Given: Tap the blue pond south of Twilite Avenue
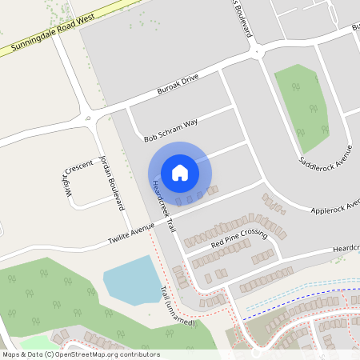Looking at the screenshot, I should (x=132, y=279).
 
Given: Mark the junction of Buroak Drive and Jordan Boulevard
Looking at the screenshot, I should (x=94, y=118).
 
